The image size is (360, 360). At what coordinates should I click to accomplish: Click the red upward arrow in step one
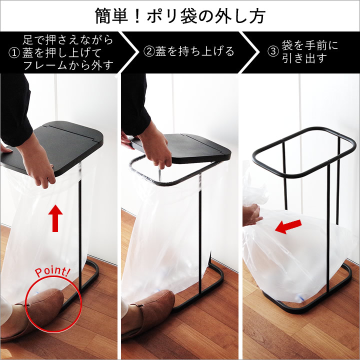click(x=55, y=218)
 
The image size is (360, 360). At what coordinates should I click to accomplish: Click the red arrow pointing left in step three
click(x=288, y=226)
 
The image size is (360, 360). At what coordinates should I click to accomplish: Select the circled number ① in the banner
click(x=14, y=53)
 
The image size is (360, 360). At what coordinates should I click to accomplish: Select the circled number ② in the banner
click(x=149, y=51)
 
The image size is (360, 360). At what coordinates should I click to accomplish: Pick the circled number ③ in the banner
click(x=273, y=51)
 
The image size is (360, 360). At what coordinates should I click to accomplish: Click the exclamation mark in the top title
click(x=137, y=16)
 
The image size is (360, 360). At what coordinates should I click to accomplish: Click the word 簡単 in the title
click(x=112, y=16)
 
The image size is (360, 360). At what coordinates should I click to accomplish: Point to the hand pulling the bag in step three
click(x=252, y=214)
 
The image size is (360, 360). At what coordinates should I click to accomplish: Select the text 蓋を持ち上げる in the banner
click(x=194, y=51)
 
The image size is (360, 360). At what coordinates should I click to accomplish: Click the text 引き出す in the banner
click(x=304, y=58)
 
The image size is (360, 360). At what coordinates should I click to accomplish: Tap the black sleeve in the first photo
click(x=15, y=110)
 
